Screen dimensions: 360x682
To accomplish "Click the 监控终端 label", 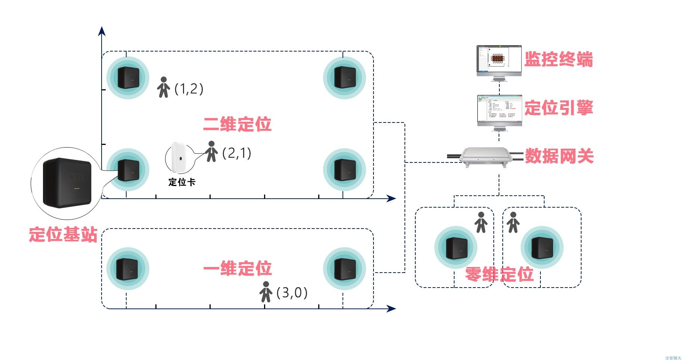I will click(558, 60).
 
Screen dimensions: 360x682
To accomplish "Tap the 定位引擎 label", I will click(558, 108).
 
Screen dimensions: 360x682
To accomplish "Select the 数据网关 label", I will click(559, 156).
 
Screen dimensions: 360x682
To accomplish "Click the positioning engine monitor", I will click(499, 110).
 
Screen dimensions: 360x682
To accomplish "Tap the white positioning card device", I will click(179, 158).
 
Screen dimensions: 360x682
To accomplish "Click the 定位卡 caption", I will click(182, 182).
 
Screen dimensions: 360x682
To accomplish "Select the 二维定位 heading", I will click(237, 124).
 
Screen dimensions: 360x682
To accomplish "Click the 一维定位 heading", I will click(237, 269).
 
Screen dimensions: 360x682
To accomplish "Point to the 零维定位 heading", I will click(499, 274).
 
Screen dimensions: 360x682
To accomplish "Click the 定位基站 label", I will click(63, 235).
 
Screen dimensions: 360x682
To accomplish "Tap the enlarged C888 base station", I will click(67, 183).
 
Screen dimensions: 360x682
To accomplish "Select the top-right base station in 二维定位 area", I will click(344, 78).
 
